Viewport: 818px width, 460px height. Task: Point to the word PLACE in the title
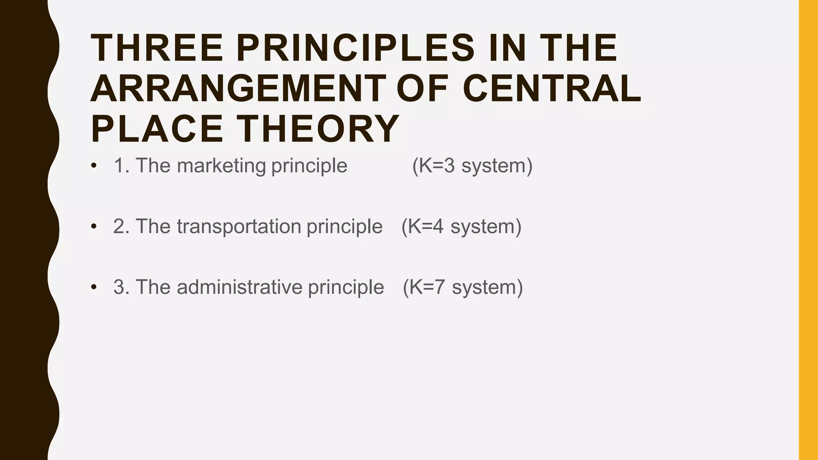tap(157, 129)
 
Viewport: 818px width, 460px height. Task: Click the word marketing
tap(221, 166)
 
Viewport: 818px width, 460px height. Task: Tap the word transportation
tap(239, 226)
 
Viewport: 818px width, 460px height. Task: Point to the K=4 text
tap(426, 226)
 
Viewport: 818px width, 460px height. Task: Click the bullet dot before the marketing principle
tap(94, 166)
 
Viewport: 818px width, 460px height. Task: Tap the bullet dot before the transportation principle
tap(94, 226)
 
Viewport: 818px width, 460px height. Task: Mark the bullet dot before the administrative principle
tap(94, 287)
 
